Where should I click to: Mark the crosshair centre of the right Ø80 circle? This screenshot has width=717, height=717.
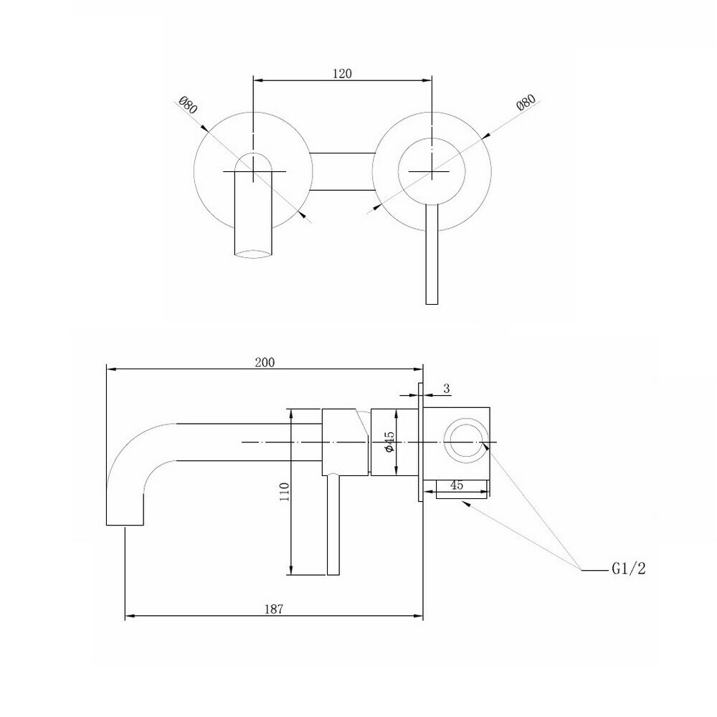[x=432, y=171]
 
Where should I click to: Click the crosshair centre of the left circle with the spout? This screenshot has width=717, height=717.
[x=253, y=171]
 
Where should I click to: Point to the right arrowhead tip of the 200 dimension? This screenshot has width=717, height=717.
[x=422, y=369]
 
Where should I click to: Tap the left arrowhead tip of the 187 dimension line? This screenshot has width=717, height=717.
[x=125, y=616]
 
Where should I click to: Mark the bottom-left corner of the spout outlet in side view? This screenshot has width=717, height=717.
[x=107, y=525]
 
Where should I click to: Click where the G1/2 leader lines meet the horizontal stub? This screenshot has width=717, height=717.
[x=581, y=569]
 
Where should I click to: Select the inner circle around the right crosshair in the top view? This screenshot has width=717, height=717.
[x=432, y=171]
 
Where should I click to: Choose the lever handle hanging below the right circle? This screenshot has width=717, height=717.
[x=432, y=254]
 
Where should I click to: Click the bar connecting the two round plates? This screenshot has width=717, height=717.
[x=343, y=171]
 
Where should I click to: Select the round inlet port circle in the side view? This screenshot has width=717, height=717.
[x=466, y=440]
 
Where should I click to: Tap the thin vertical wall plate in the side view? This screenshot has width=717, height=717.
[x=420, y=442]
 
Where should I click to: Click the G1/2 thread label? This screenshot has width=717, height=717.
[x=629, y=569]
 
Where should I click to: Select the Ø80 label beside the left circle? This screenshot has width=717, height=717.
[x=187, y=105]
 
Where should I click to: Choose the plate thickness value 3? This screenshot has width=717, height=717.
[x=447, y=389]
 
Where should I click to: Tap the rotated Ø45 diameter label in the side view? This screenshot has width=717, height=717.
[x=389, y=442]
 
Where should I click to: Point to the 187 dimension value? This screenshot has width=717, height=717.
[x=274, y=609]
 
